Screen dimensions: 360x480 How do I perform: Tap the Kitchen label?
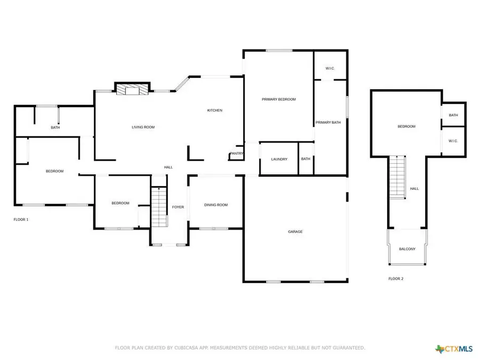(x=214, y=110)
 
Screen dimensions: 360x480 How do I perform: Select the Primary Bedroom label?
(x=278, y=99)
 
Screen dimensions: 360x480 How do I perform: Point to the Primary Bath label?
(x=327, y=123)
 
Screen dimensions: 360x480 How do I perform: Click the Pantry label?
(x=236, y=154)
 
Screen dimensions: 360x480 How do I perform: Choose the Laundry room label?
(x=279, y=159)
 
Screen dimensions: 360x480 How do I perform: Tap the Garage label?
(x=295, y=231)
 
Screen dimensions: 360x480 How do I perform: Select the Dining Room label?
(x=216, y=205)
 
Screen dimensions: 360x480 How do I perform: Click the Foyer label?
(x=178, y=207)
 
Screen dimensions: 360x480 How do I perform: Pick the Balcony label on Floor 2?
(x=407, y=249)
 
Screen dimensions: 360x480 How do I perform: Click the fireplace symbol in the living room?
(x=131, y=90)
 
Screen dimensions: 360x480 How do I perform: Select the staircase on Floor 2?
(x=397, y=176)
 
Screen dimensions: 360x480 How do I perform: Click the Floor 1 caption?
(x=21, y=219)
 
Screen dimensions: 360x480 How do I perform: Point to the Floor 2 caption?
(x=396, y=278)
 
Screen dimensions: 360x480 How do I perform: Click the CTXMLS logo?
(x=454, y=349)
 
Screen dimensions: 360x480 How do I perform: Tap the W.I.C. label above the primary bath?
(x=330, y=68)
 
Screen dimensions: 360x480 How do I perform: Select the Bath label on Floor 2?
(x=453, y=115)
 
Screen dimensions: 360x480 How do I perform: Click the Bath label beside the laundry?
(x=306, y=159)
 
